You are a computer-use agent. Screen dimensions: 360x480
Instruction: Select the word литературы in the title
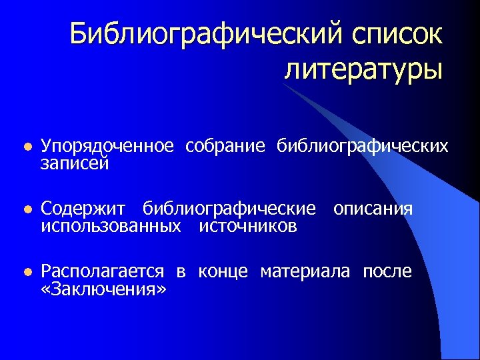pos(363,68)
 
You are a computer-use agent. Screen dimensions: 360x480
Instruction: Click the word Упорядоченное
pos(107,146)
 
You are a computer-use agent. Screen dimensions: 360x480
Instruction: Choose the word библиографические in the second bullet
pos(230,209)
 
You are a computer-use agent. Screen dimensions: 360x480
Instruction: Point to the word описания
pos(373,209)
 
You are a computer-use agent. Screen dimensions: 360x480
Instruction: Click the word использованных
pos(111,226)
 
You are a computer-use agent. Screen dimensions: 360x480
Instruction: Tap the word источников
pos(248,226)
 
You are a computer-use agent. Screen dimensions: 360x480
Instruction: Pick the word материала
pos(305,272)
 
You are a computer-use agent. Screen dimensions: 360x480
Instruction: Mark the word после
pos(387,271)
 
